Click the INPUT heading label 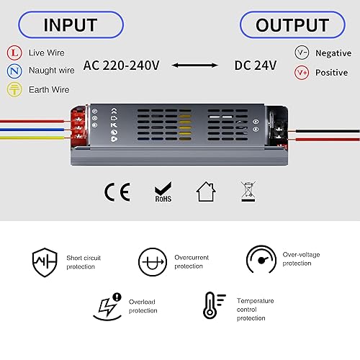pos(71,25)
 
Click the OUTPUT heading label pos(292,25)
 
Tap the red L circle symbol pos(14,53)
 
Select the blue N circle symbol pos(14,71)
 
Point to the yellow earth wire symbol pos(14,89)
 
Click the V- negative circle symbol pos(302,53)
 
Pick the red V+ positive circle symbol pos(302,72)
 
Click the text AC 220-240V pos(121,66)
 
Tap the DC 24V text pos(256,66)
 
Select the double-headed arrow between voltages pos(195,65)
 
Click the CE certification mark pos(117,192)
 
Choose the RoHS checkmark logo pos(163,192)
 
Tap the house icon pos(206,192)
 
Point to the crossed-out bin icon pos(248,192)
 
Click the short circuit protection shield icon pos(45,262)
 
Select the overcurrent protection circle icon pos(153,262)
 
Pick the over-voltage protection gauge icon pos(261,259)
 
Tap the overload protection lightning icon pos(107,307)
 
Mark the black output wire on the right pos(328,131)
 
